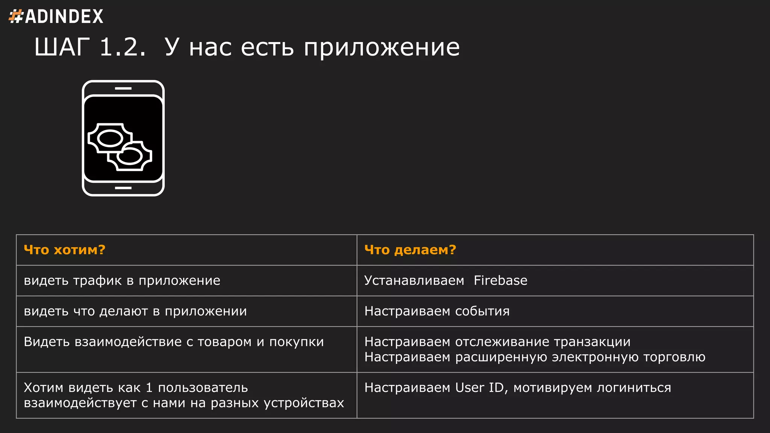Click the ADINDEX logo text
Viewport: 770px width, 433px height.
point(64,17)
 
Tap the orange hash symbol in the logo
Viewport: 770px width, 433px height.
point(16,17)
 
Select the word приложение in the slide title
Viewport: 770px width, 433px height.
point(382,48)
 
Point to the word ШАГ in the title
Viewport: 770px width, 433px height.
point(62,47)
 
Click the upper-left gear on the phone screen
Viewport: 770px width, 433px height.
point(109,138)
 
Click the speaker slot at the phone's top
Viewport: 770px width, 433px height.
point(123,88)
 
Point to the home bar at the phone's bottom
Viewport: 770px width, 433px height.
point(123,188)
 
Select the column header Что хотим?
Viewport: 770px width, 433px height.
point(64,250)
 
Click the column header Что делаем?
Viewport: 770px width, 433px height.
point(410,250)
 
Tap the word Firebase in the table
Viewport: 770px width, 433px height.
point(500,280)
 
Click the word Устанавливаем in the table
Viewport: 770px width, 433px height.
point(414,280)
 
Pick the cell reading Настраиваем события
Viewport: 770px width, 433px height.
point(437,311)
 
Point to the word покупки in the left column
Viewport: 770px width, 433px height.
point(296,342)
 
